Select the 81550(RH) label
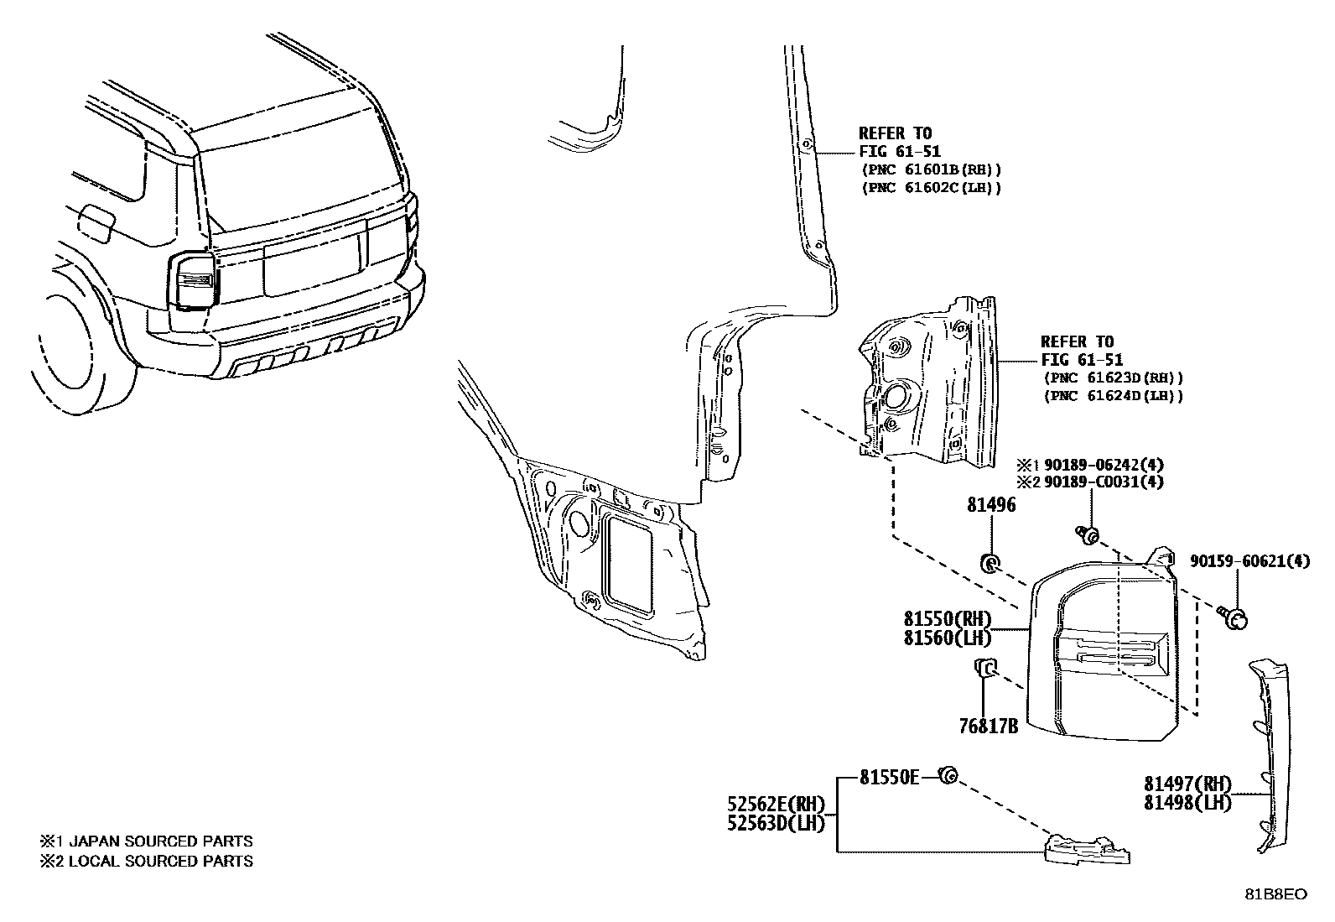click(948, 619)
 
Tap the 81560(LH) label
click(948, 638)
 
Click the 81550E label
click(889, 778)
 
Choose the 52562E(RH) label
click(777, 805)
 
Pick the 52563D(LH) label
click(777, 823)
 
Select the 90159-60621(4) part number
click(1249, 561)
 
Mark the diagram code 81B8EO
click(1275, 894)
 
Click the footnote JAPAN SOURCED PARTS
click(159, 841)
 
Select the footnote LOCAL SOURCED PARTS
click(159, 860)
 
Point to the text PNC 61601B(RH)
click(932, 169)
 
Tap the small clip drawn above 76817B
click(984, 668)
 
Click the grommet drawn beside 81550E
click(949, 776)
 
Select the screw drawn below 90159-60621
click(1234, 618)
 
